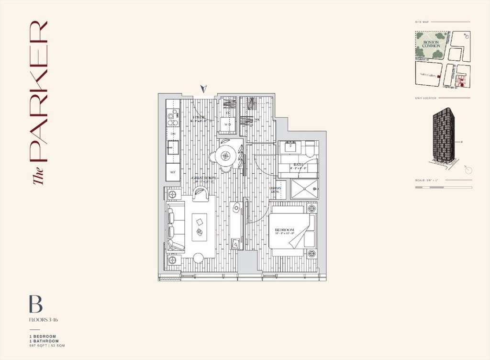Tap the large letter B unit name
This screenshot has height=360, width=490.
(35, 304)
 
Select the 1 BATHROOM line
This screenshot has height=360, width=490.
(44, 341)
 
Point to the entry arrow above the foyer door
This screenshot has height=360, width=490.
(204, 89)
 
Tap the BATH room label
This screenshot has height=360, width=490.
(299, 166)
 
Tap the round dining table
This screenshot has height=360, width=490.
(225, 155)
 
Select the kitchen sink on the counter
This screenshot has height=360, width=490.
(173, 147)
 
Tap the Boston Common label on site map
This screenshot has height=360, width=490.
(431, 45)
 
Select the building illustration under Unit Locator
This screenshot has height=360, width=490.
(444, 135)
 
